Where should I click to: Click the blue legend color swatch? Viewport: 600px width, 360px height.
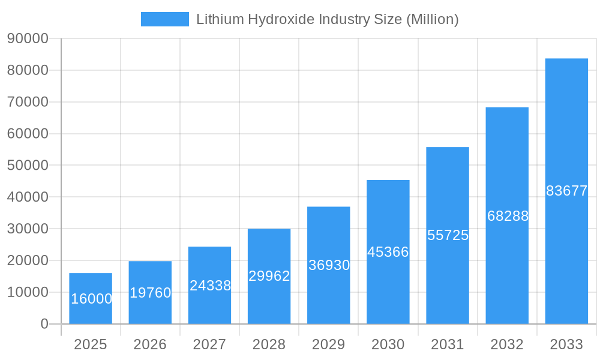point(164,19)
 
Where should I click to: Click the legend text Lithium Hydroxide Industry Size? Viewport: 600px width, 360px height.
point(327,19)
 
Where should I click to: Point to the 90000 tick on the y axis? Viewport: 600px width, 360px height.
point(28,39)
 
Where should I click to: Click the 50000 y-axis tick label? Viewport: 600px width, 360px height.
point(28,166)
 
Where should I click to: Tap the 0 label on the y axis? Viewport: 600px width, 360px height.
point(44,324)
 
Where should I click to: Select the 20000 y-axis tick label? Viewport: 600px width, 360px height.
point(28,260)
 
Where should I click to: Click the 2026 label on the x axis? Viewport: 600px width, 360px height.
point(150,344)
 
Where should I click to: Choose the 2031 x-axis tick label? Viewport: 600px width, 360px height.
point(448,344)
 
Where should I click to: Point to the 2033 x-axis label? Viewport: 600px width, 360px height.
point(566,344)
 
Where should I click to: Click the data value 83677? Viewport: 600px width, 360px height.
point(566,191)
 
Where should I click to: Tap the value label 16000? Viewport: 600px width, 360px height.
point(91,299)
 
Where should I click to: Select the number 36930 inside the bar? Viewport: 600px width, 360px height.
point(329,265)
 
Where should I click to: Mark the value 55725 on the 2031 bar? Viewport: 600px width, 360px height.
point(448,235)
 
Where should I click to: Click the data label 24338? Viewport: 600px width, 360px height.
point(210,286)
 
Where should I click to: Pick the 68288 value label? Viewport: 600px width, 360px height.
point(508,216)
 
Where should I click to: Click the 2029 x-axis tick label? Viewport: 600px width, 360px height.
point(329,344)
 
